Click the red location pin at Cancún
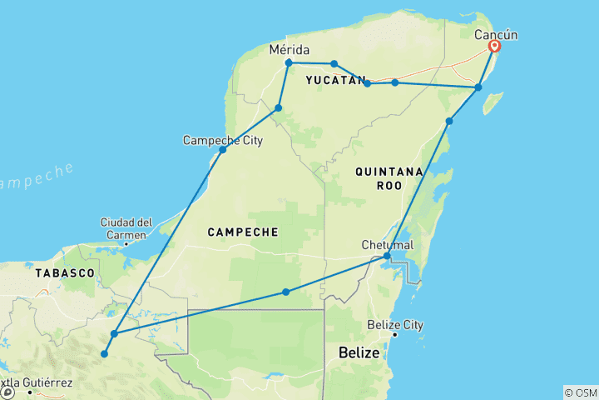pos(493,47)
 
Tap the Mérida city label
pos(290,50)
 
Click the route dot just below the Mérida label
pos(289,62)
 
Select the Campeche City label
pos(222,140)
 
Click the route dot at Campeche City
pos(222,150)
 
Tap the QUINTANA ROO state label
pos(389,179)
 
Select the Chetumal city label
pos(388,245)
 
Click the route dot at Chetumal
pos(386,257)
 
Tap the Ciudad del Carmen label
pos(126,227)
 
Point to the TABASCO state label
pos(64,272)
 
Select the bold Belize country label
pos(359,353)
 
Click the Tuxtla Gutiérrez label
pos(37,383)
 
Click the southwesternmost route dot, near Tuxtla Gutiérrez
pos(104,354)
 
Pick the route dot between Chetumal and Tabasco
pos(285,292)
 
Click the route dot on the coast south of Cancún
pos(478,87)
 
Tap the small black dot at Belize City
pos(394,335)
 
